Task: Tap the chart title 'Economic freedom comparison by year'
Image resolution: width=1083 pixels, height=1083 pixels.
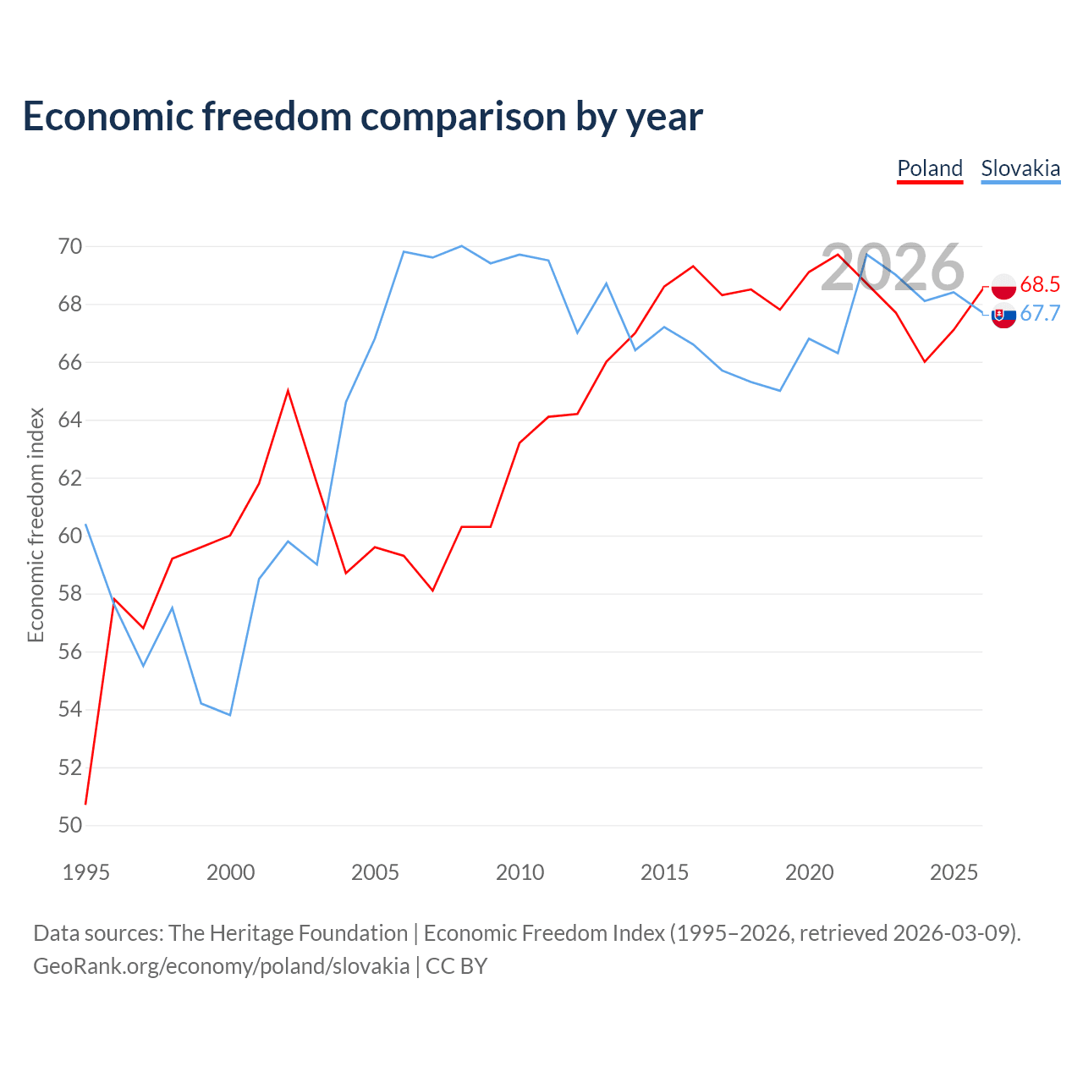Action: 362,117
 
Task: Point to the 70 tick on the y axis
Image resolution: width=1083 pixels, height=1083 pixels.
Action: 70,246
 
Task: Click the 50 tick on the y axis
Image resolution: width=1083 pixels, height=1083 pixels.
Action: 70,825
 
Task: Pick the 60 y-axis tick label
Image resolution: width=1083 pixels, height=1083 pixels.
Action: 70,536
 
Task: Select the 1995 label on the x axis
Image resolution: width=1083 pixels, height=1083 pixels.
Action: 86,872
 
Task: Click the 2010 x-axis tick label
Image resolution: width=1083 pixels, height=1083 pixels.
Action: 520,872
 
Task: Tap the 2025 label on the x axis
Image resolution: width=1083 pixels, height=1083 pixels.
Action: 954,872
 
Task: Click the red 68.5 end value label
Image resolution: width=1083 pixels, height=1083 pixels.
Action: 1040,284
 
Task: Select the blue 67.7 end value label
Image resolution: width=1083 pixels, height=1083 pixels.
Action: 1040,313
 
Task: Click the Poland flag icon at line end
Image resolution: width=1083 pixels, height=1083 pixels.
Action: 1003,287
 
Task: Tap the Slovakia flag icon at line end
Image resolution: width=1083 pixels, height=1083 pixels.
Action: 1003,316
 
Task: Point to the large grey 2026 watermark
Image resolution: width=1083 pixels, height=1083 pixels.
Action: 893,267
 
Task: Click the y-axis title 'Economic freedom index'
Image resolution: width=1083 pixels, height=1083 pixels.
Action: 36,525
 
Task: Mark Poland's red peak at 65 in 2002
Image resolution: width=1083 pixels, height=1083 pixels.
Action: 288,391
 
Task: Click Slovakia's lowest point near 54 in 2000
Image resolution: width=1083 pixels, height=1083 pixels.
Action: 230,715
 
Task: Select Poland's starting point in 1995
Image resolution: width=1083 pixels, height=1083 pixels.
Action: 85,805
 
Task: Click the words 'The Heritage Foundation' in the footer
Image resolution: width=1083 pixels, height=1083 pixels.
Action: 289,933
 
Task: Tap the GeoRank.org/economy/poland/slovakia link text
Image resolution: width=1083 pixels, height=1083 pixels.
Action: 222,967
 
